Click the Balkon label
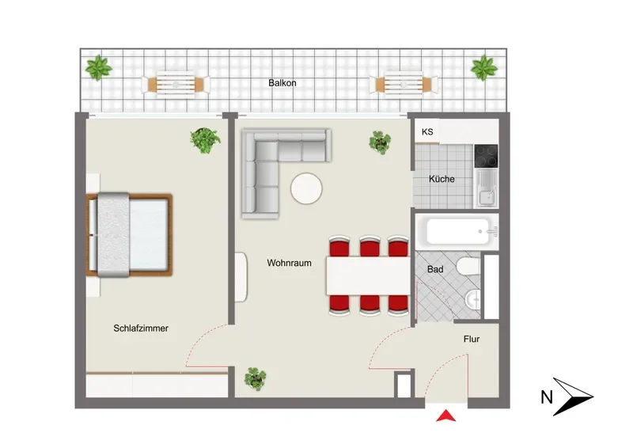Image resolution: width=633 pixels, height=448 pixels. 282,83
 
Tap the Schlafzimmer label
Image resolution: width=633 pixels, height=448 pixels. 141,328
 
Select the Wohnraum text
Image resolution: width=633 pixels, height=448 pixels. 289,263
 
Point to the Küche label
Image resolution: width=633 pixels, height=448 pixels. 442,179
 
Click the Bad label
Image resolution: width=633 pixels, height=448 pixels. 435,269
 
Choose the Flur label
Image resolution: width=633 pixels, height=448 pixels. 472,339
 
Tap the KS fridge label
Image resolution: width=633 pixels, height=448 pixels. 427,131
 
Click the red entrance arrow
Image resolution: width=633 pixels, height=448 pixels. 445,416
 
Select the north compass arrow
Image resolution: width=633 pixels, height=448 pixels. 571,397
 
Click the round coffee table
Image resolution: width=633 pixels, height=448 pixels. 306,188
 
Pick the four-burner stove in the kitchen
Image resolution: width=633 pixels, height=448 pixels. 486,156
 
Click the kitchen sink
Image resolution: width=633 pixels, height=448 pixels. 487,188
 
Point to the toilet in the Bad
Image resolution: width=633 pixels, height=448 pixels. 468,267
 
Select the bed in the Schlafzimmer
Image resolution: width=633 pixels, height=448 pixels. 129,235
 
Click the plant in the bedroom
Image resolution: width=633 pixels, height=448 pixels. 206,140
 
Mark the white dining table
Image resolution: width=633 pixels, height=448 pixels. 368,276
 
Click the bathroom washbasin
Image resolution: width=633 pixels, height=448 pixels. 472,300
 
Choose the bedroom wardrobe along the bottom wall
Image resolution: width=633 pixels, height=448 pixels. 157,385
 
